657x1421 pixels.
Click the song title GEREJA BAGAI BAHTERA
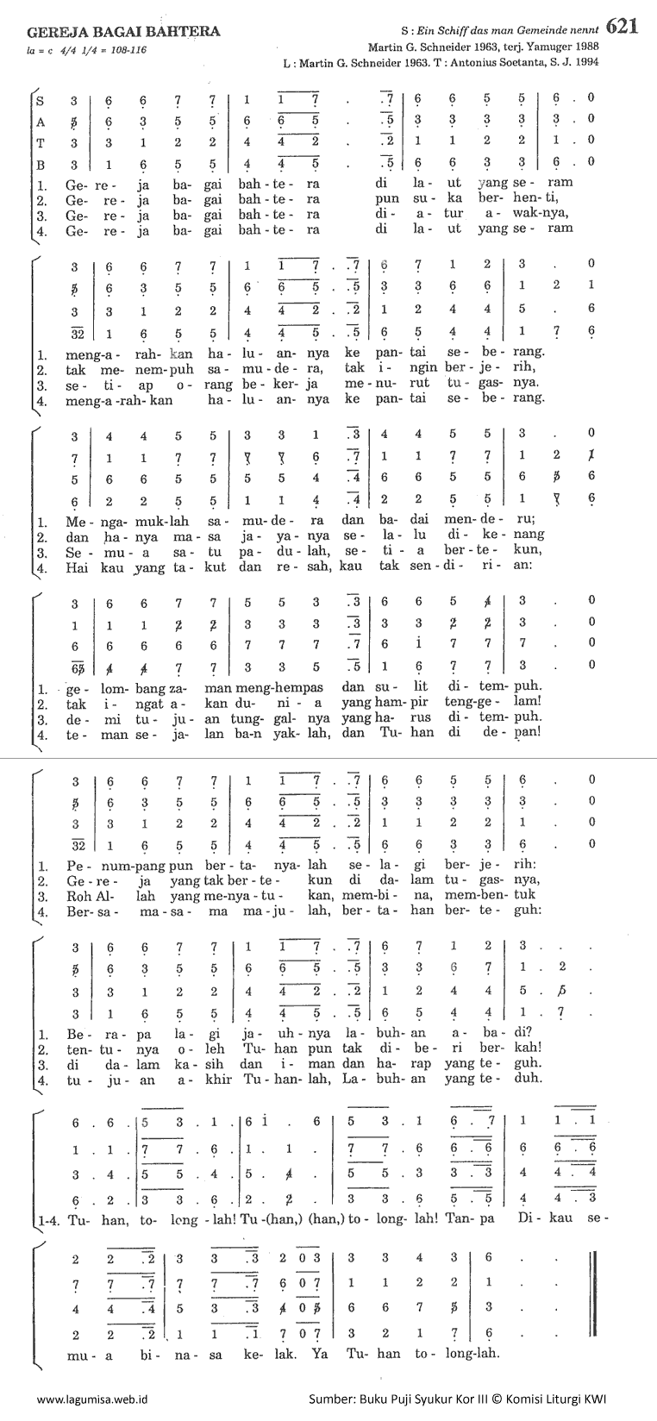coord(123,32)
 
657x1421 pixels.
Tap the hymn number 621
coord(623,27)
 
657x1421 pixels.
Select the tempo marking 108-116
coord(123,51)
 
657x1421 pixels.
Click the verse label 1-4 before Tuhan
coord(49,1221)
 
